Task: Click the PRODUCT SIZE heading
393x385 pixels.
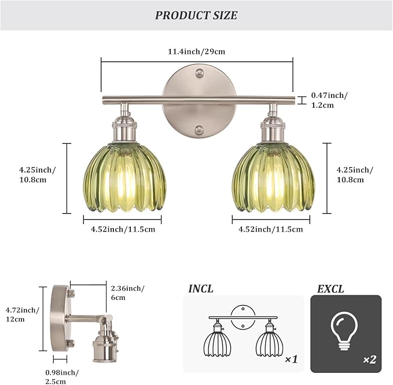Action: [x=196, y=16]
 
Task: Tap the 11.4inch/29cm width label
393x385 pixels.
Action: [x=196, y=52]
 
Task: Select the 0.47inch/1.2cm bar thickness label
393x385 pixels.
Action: [x=330, y=100]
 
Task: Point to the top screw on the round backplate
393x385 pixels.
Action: [x=199, y=73]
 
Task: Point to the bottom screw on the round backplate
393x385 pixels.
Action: [x=199, y=130]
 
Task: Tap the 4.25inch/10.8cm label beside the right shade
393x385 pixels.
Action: [x=355, y=174]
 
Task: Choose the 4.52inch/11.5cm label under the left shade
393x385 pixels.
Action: [x=122, y=229]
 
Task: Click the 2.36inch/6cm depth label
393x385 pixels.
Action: [x=127, y=292]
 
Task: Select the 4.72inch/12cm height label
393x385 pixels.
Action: [x=23, y=314]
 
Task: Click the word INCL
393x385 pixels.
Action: [x=201, y=288]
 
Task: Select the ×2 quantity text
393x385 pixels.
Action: [x=369, y=360]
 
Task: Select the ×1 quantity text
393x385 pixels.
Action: [x=291, y=360]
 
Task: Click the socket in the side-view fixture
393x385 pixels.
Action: [x=106, y=340]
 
